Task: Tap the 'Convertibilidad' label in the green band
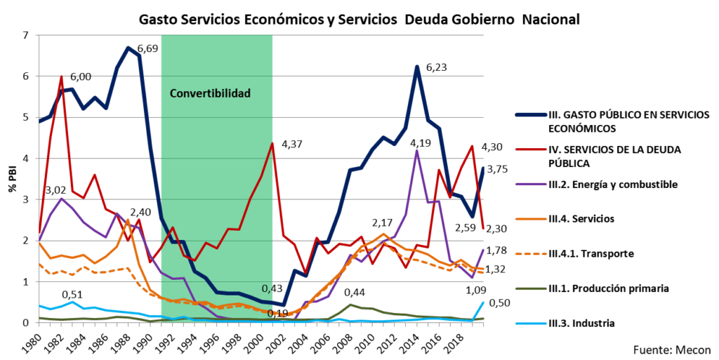pos(210,93)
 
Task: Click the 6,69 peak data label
pos(148,49)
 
